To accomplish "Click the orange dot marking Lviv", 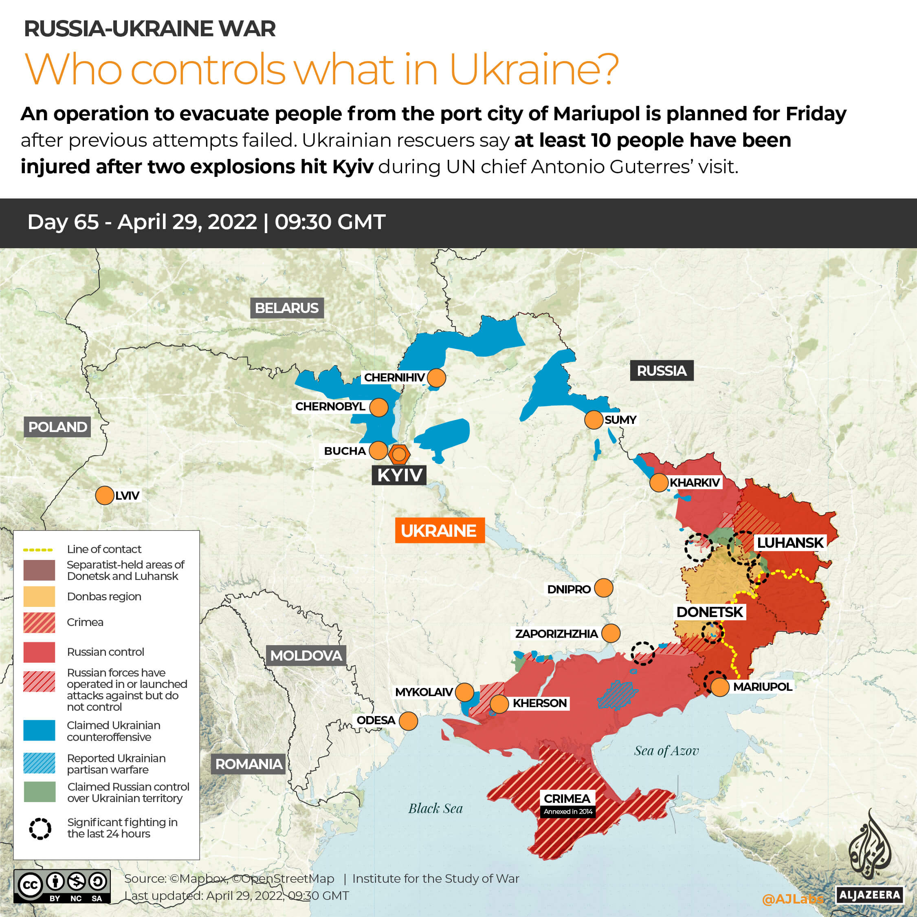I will (x=104, y=495).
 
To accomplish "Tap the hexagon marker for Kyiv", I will (x=399, y=454).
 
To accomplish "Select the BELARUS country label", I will (x=287, y=308).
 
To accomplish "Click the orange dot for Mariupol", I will (x=719, y=687).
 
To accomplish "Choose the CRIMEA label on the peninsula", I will (x=567, y=798).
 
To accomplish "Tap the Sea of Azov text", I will (x=666, y=750).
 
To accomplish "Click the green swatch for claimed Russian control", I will (x=40, y=792).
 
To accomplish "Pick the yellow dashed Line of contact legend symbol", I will (x=38, y=549).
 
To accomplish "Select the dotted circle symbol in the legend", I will (x=40, y=829).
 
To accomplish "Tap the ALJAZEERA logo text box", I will (x=869, y=895).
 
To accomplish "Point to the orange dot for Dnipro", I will (x=603, y=588).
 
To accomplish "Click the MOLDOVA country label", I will (x=306, y=655).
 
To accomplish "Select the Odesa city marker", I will (x=408, y=721).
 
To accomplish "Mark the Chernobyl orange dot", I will (x=378, y=407).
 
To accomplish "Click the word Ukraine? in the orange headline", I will (x=534, y=69).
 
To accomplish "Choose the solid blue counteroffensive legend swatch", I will (x=40, y=730).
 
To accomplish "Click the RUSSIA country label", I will (x=661, y=370).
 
